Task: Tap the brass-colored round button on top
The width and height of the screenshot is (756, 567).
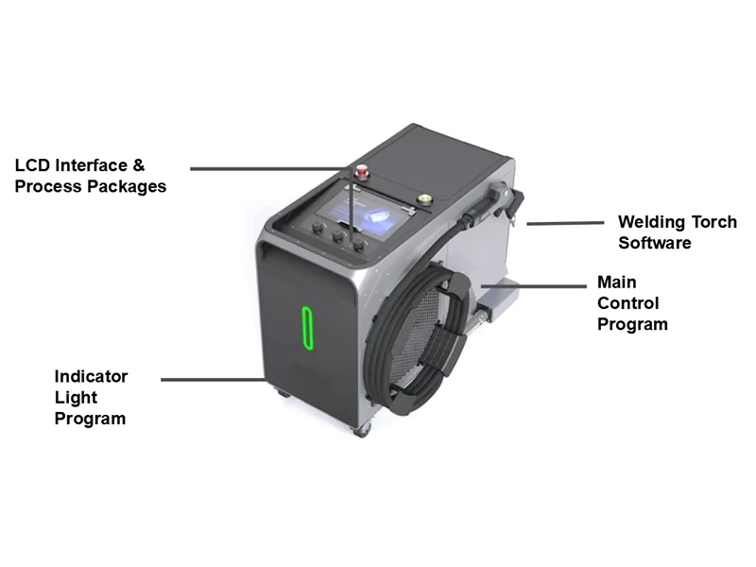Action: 424,199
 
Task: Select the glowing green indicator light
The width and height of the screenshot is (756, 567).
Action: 308,328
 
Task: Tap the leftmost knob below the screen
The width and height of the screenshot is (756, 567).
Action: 318,227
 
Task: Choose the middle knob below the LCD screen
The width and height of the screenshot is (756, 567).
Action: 337,234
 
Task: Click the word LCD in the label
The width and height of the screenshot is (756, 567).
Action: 32,165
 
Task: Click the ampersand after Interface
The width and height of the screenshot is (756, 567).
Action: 138,165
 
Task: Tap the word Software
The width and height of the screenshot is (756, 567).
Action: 655,243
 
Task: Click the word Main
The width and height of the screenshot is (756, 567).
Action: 617,282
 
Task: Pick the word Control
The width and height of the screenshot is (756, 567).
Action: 628,303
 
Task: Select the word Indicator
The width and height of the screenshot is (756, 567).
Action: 91,376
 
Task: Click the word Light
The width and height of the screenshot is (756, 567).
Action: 76,397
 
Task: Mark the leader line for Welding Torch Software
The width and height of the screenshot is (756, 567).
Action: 565,223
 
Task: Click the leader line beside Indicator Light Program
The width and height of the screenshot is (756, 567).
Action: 214,380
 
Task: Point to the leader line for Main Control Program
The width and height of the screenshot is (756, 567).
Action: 534,286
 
